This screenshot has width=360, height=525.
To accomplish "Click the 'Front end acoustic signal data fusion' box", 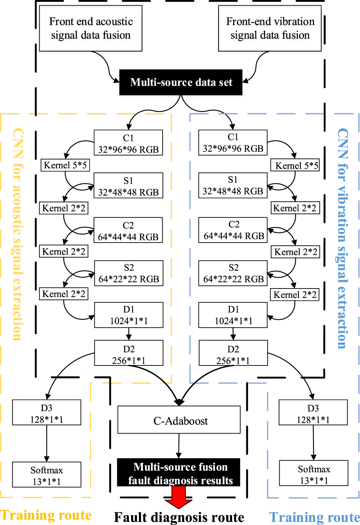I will click(x=91, y=28).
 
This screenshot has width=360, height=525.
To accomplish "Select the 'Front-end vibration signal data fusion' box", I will click(x=270, y=28).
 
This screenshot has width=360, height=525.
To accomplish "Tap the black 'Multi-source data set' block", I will click(x=181, y=82).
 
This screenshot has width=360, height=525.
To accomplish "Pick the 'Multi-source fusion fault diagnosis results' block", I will click(x=179, y=473).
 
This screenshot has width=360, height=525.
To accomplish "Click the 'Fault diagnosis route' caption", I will click(x=179, y=517).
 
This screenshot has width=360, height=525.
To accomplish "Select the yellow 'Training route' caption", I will click(x=46, y=515).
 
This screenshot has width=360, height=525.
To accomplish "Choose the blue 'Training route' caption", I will click(x=314, y=517).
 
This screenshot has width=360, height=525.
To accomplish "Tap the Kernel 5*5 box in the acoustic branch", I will click(x=65, y=165).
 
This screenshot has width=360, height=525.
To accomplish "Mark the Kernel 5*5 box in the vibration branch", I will click(x=295, y=165).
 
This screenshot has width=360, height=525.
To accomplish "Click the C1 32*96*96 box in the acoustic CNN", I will click(x=128, y=143).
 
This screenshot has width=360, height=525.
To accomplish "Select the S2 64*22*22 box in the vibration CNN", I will click(x=233, y=273).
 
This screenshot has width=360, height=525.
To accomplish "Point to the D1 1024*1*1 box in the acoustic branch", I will click(x=129, y=315).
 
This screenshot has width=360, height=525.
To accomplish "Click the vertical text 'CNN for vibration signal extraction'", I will click(x=343, y=238).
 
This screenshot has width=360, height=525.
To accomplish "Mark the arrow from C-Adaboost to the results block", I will click(x=179, y=446).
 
